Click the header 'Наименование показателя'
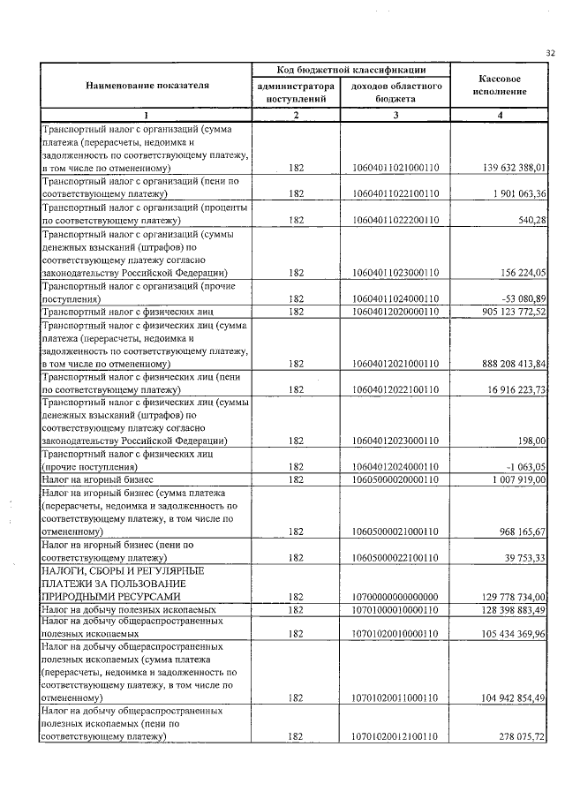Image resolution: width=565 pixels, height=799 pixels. point(147,86)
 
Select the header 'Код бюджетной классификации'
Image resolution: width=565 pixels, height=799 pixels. point(351,70)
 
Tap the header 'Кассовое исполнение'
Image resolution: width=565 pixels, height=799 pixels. point(499,85)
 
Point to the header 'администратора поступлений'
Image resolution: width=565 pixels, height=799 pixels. point(296,93)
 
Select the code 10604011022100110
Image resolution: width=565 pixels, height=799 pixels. point(395,193)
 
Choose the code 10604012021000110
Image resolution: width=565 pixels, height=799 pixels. point(395,364)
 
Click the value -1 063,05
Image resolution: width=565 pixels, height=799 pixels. point(524,466)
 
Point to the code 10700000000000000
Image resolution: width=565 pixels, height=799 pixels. point(395,597)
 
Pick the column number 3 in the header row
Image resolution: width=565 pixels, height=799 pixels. point(395,116)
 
